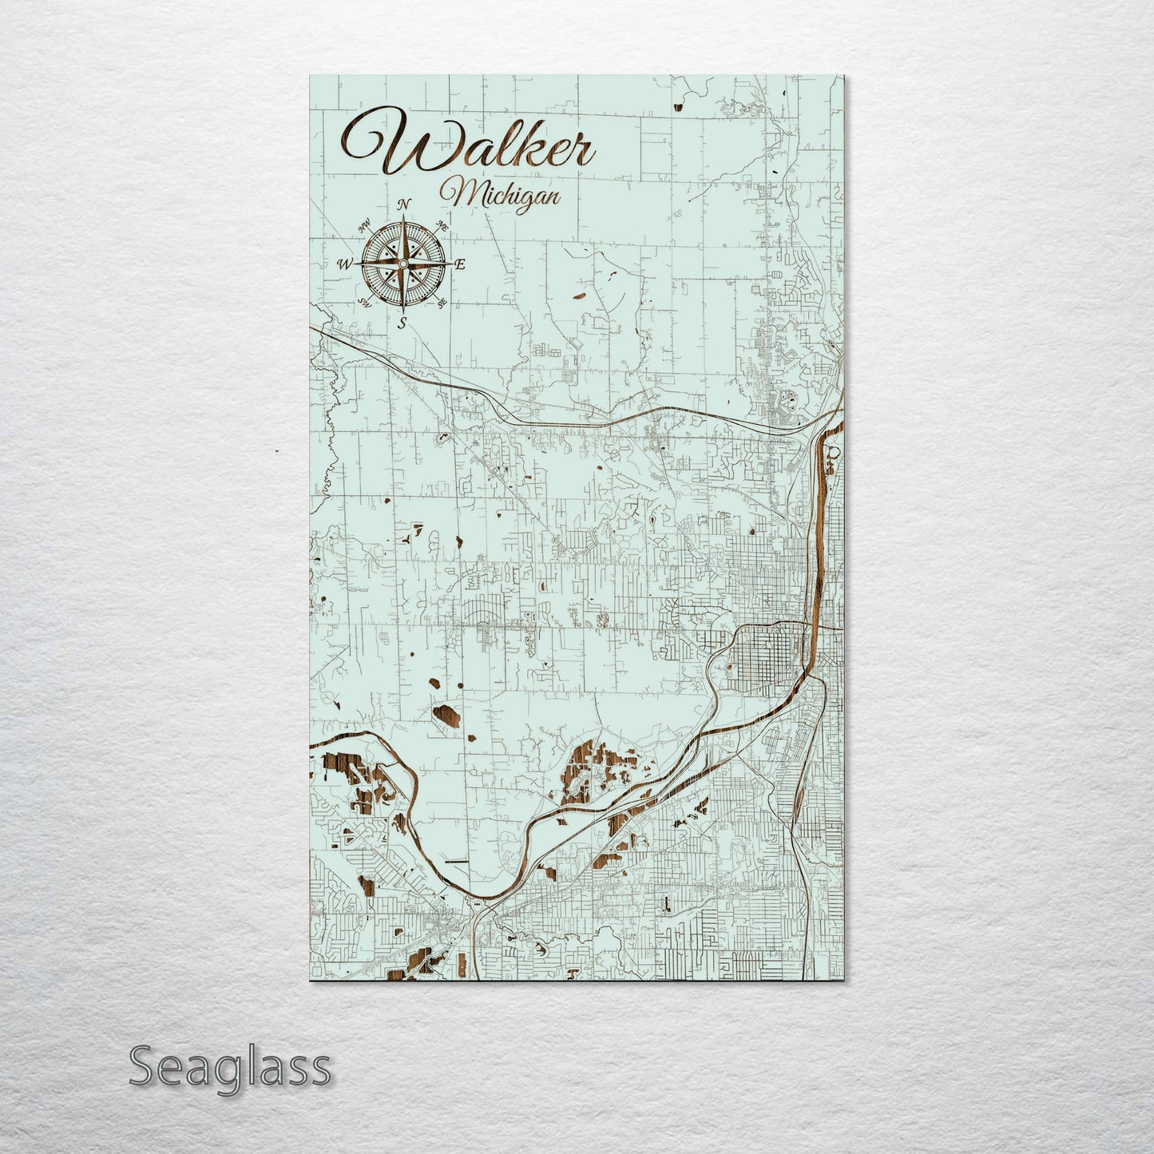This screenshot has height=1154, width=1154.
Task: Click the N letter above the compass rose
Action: point(405,203)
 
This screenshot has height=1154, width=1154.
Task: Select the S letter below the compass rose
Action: point(403,323)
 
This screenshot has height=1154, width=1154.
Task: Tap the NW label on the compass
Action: point(365,226)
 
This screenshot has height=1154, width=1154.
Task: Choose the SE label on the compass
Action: point(441,302)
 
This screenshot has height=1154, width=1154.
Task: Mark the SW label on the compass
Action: point(365,302)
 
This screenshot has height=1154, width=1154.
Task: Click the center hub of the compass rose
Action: point(403,264)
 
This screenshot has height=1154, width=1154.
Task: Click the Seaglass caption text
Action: point(229,1067)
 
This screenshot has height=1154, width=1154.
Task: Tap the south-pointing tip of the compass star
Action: point(403,311)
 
